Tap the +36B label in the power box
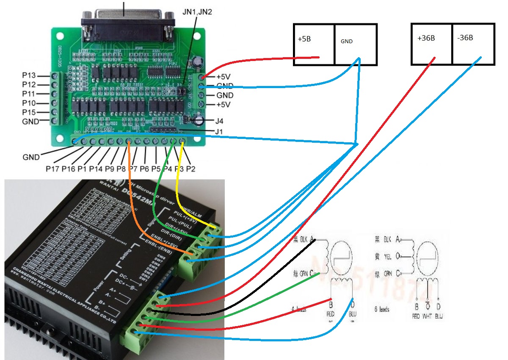[426, 38]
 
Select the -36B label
[465, 38]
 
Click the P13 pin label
[30, 75]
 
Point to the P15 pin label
[30, 112]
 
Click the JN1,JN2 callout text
[198, 11]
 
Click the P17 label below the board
[53, 169]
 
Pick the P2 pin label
[191, 169]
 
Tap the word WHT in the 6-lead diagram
[428, 316]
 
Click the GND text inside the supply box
[346, 42]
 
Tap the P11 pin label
[30, 94]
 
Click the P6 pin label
[145, 169]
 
